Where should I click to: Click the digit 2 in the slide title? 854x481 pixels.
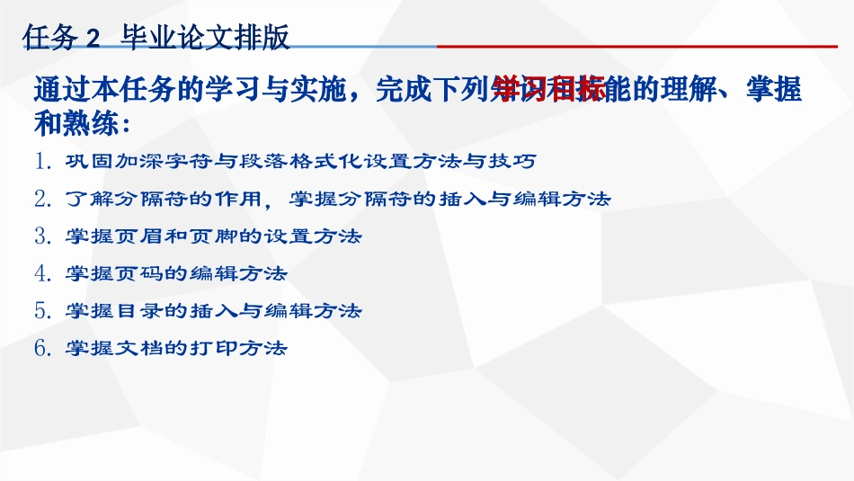point(93,39)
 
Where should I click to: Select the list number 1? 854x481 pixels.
point(42,162)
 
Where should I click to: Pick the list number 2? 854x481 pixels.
point(42,199)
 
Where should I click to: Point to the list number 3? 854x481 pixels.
point(42,236)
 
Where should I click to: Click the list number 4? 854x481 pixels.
point(42,273)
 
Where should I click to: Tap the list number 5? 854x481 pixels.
point(42,311)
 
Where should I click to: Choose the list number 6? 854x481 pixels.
point(42,348)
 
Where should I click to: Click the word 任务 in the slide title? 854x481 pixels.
point(50,38)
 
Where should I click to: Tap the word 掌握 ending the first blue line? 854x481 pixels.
point(774,90)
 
